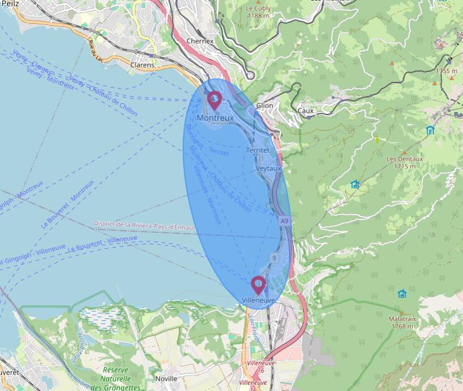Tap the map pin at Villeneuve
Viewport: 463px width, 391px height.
point(258,285)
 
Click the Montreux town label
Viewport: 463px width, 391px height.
point(215,118)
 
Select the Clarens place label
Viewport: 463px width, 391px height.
point(142,64)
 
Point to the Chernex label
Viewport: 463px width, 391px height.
point(200,41)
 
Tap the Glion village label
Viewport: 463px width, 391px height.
point(265,106)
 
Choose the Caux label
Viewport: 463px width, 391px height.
point(306,111)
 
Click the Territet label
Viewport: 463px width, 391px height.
point(258,150)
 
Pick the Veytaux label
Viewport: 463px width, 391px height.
point(269,169)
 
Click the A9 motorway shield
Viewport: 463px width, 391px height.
point(284,221)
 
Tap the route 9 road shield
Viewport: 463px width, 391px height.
point(274,258)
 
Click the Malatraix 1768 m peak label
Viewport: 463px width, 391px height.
point(402,322)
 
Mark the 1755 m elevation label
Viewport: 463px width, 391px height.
point(446,71)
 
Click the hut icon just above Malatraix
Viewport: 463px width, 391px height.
point(402,293)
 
